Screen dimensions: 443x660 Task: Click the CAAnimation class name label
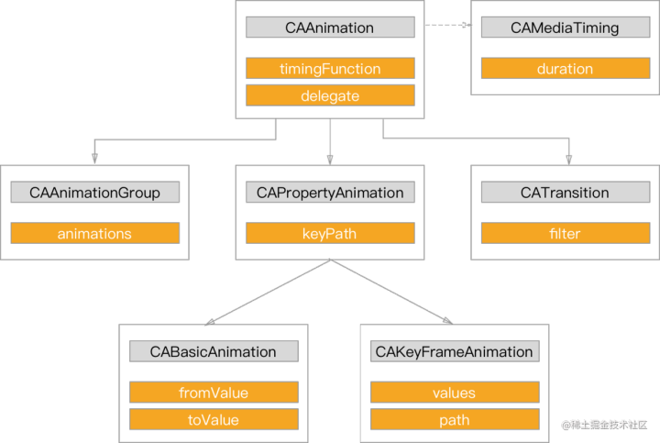330,28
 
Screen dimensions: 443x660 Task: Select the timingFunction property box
330,69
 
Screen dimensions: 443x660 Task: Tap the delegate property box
330,94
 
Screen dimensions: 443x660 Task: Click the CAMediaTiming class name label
565,28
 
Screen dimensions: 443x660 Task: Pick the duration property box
565,69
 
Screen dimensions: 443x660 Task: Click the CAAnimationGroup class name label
94,193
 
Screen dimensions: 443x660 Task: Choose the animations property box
94,234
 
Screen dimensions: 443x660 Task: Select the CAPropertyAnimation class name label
330,193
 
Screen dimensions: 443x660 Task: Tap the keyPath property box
330,234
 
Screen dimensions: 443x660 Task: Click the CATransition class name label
565,193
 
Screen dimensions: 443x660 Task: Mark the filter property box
565,234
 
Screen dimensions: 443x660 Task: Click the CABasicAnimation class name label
214,351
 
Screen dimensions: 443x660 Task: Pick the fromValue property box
214,393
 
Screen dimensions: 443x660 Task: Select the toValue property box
214,419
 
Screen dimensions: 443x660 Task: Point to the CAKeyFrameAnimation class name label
454,351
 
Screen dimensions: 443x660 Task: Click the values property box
454,393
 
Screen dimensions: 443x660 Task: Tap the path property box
454,419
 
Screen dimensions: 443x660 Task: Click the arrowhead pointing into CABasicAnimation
210,321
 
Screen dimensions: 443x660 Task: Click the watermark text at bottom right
604,425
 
